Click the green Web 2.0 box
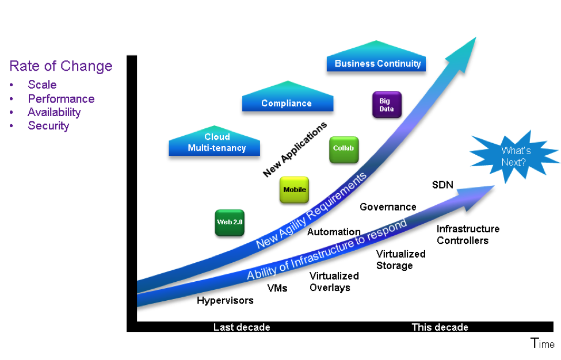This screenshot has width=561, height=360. click(230, 222)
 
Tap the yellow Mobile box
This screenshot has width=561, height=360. click(295, 190)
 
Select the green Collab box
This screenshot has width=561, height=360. click(344, 149)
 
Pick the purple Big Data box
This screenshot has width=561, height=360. click(387, 105)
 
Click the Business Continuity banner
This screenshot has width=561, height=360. click(377, 63)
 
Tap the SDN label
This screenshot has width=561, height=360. click(442, 185)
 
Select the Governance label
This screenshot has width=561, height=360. click(388, 207)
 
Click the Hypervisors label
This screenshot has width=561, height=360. click(225, 300)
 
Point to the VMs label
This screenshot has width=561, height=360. click(277, 288)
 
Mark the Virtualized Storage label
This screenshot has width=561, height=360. click(400, 259)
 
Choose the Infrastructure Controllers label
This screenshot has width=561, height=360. click(468, 235)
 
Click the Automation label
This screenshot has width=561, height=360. click(334, 232)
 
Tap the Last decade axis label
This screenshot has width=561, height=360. click(242, 327)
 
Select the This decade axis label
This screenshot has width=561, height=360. click(440, 327)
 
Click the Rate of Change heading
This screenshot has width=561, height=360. click(61, 66)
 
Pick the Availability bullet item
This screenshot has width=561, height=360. click(54, 112)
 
